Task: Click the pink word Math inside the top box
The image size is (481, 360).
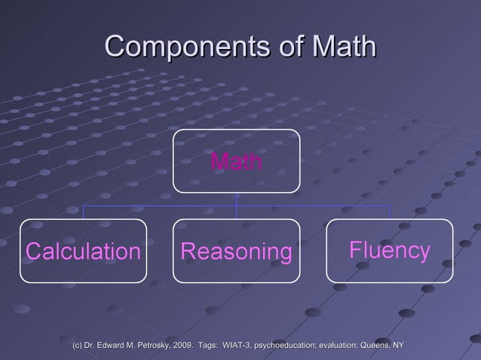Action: pyautogui.click(x=237, y=161)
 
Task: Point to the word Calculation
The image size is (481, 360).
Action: pyautogui.click(x=83, y=252)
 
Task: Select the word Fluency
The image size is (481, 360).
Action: pyautogui.click(x=390, y=250)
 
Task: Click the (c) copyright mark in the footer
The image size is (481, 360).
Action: pyautogui.click(x=76, y=345)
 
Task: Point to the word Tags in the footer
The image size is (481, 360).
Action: pyautogui.click(x=207, y=345)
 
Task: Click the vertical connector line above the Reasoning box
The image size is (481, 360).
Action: pyautogui.click(x=237, y=212)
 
